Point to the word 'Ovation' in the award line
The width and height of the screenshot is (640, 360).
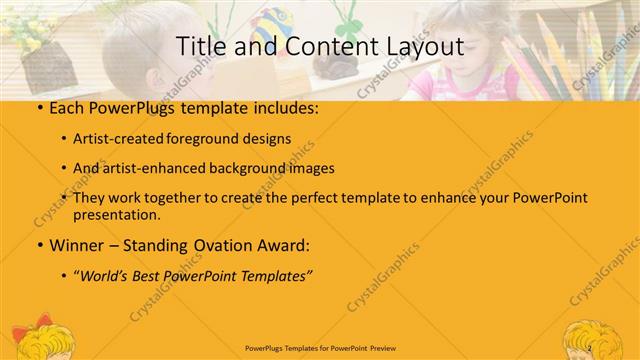[x=218, y=245]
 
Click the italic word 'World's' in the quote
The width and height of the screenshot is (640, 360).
[x=109, y=275]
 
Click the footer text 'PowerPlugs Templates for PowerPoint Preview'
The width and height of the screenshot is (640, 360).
[x=319, y=349]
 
